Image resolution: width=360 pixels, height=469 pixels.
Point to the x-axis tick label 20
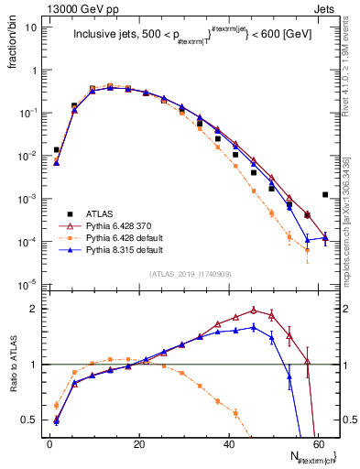(139, 443)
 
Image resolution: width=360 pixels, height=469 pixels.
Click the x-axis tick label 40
(229, 443)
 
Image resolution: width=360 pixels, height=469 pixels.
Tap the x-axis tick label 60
(318, 443)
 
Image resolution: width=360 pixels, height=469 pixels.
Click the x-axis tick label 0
(50, 443)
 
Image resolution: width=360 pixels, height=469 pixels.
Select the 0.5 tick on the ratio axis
(32, 420)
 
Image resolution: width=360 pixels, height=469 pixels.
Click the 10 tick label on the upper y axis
(33, 27)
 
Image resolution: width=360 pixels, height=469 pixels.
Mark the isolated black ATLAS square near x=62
(326, 194)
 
